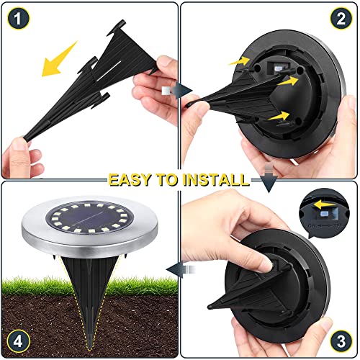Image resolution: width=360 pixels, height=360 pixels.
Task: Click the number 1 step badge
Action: click(x=17, y=17)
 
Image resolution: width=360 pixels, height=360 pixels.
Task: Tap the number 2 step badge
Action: click(x=342, y=18)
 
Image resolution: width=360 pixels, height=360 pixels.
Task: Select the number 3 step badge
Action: click(x=342, y=342)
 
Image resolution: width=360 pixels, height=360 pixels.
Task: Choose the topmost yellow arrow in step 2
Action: click(x=238, y=62)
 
